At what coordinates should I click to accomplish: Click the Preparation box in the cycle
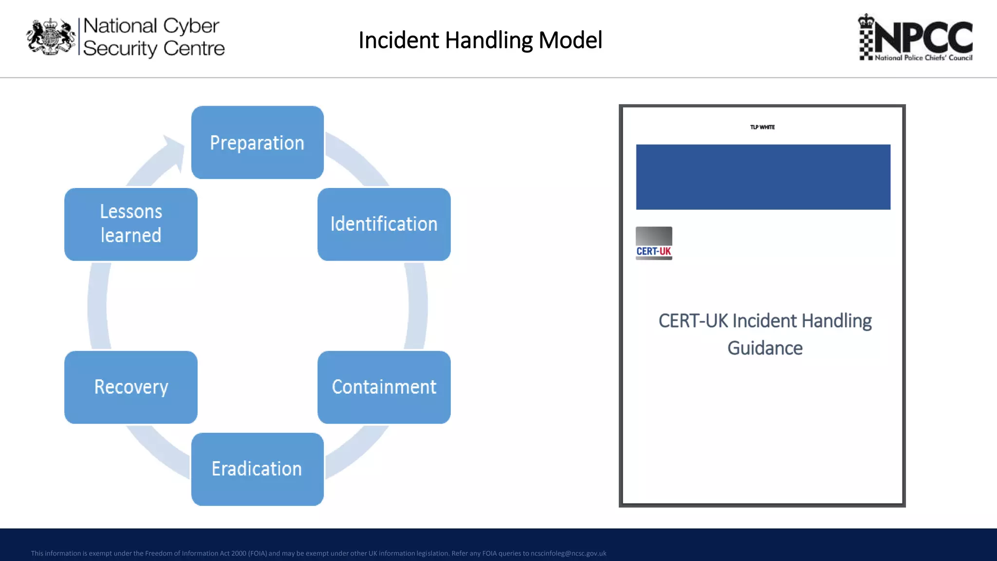coord(257,142)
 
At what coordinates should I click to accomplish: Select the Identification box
coord(384,224)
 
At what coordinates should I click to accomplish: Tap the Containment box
coord(384,387)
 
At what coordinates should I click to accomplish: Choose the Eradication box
coord(257,469)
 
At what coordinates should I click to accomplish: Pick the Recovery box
coord(131,387)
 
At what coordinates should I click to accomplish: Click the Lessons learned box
coord(131,224)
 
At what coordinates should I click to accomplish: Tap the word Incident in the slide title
coord(399,40)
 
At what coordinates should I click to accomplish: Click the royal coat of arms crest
coord(51,37)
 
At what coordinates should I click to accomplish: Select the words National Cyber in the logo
coord(151,26)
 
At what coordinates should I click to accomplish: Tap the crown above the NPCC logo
coord(866,21)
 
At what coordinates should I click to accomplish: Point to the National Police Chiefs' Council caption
coord(923,57)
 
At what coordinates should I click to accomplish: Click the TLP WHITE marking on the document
coord(762,127)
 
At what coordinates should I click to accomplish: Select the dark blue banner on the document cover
coord(763,177)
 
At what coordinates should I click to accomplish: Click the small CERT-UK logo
coord(654,243)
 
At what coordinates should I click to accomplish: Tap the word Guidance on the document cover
coord(764,348)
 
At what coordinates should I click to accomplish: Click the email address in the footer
coord(568,553)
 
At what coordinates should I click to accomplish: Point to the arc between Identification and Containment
coord(417,306)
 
